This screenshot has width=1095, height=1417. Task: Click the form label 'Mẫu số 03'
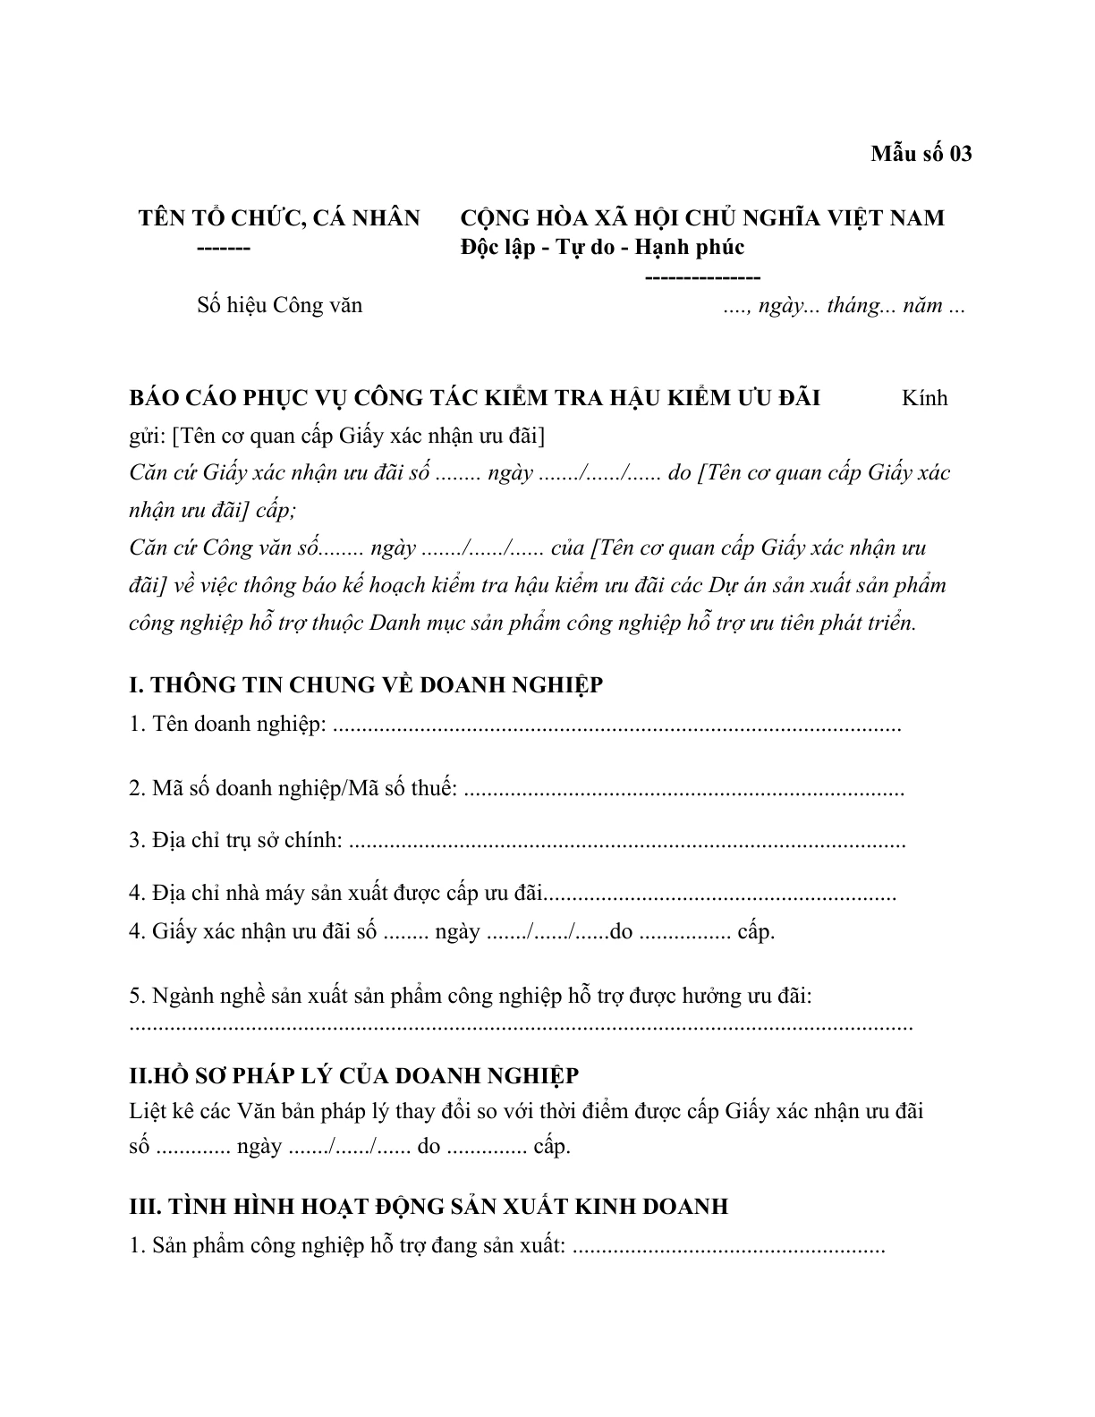(x=921, y=154)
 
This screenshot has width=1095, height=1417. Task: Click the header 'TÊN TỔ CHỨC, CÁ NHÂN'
(x=279, y=218)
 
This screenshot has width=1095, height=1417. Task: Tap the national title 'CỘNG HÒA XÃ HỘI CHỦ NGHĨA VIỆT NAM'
(x=701, y=218)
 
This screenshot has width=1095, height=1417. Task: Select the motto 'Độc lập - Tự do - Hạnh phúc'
(x=602, y=247)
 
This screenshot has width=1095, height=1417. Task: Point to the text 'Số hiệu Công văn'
(x=280, y=306)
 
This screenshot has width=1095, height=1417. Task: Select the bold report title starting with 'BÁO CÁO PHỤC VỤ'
(x=474, y=398)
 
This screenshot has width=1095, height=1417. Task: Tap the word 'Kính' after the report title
(x=924, y=398)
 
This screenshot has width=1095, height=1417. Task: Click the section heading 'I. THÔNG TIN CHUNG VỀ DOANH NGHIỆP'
(x=366, y=685)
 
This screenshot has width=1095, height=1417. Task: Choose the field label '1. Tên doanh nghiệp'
(x=227, y=724)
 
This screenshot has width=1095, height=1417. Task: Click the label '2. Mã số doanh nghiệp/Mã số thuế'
(x=293, y=790)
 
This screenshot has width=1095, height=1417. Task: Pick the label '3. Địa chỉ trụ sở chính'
(x=236, y=841)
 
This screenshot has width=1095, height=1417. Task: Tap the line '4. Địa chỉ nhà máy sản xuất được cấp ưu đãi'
(x=336, y=893)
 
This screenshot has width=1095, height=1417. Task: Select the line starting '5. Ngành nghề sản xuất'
(x=471, y=996)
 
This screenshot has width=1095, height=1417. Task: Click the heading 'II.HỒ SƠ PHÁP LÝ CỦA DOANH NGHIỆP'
(x=354, y=1075)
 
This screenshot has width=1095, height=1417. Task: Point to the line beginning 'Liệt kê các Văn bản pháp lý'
(x=526, y=1112)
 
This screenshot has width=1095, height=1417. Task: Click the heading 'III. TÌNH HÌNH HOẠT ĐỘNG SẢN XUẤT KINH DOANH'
(x=429, y=1207)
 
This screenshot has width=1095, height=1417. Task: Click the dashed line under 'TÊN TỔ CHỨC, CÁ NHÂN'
(x=224, y=248)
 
